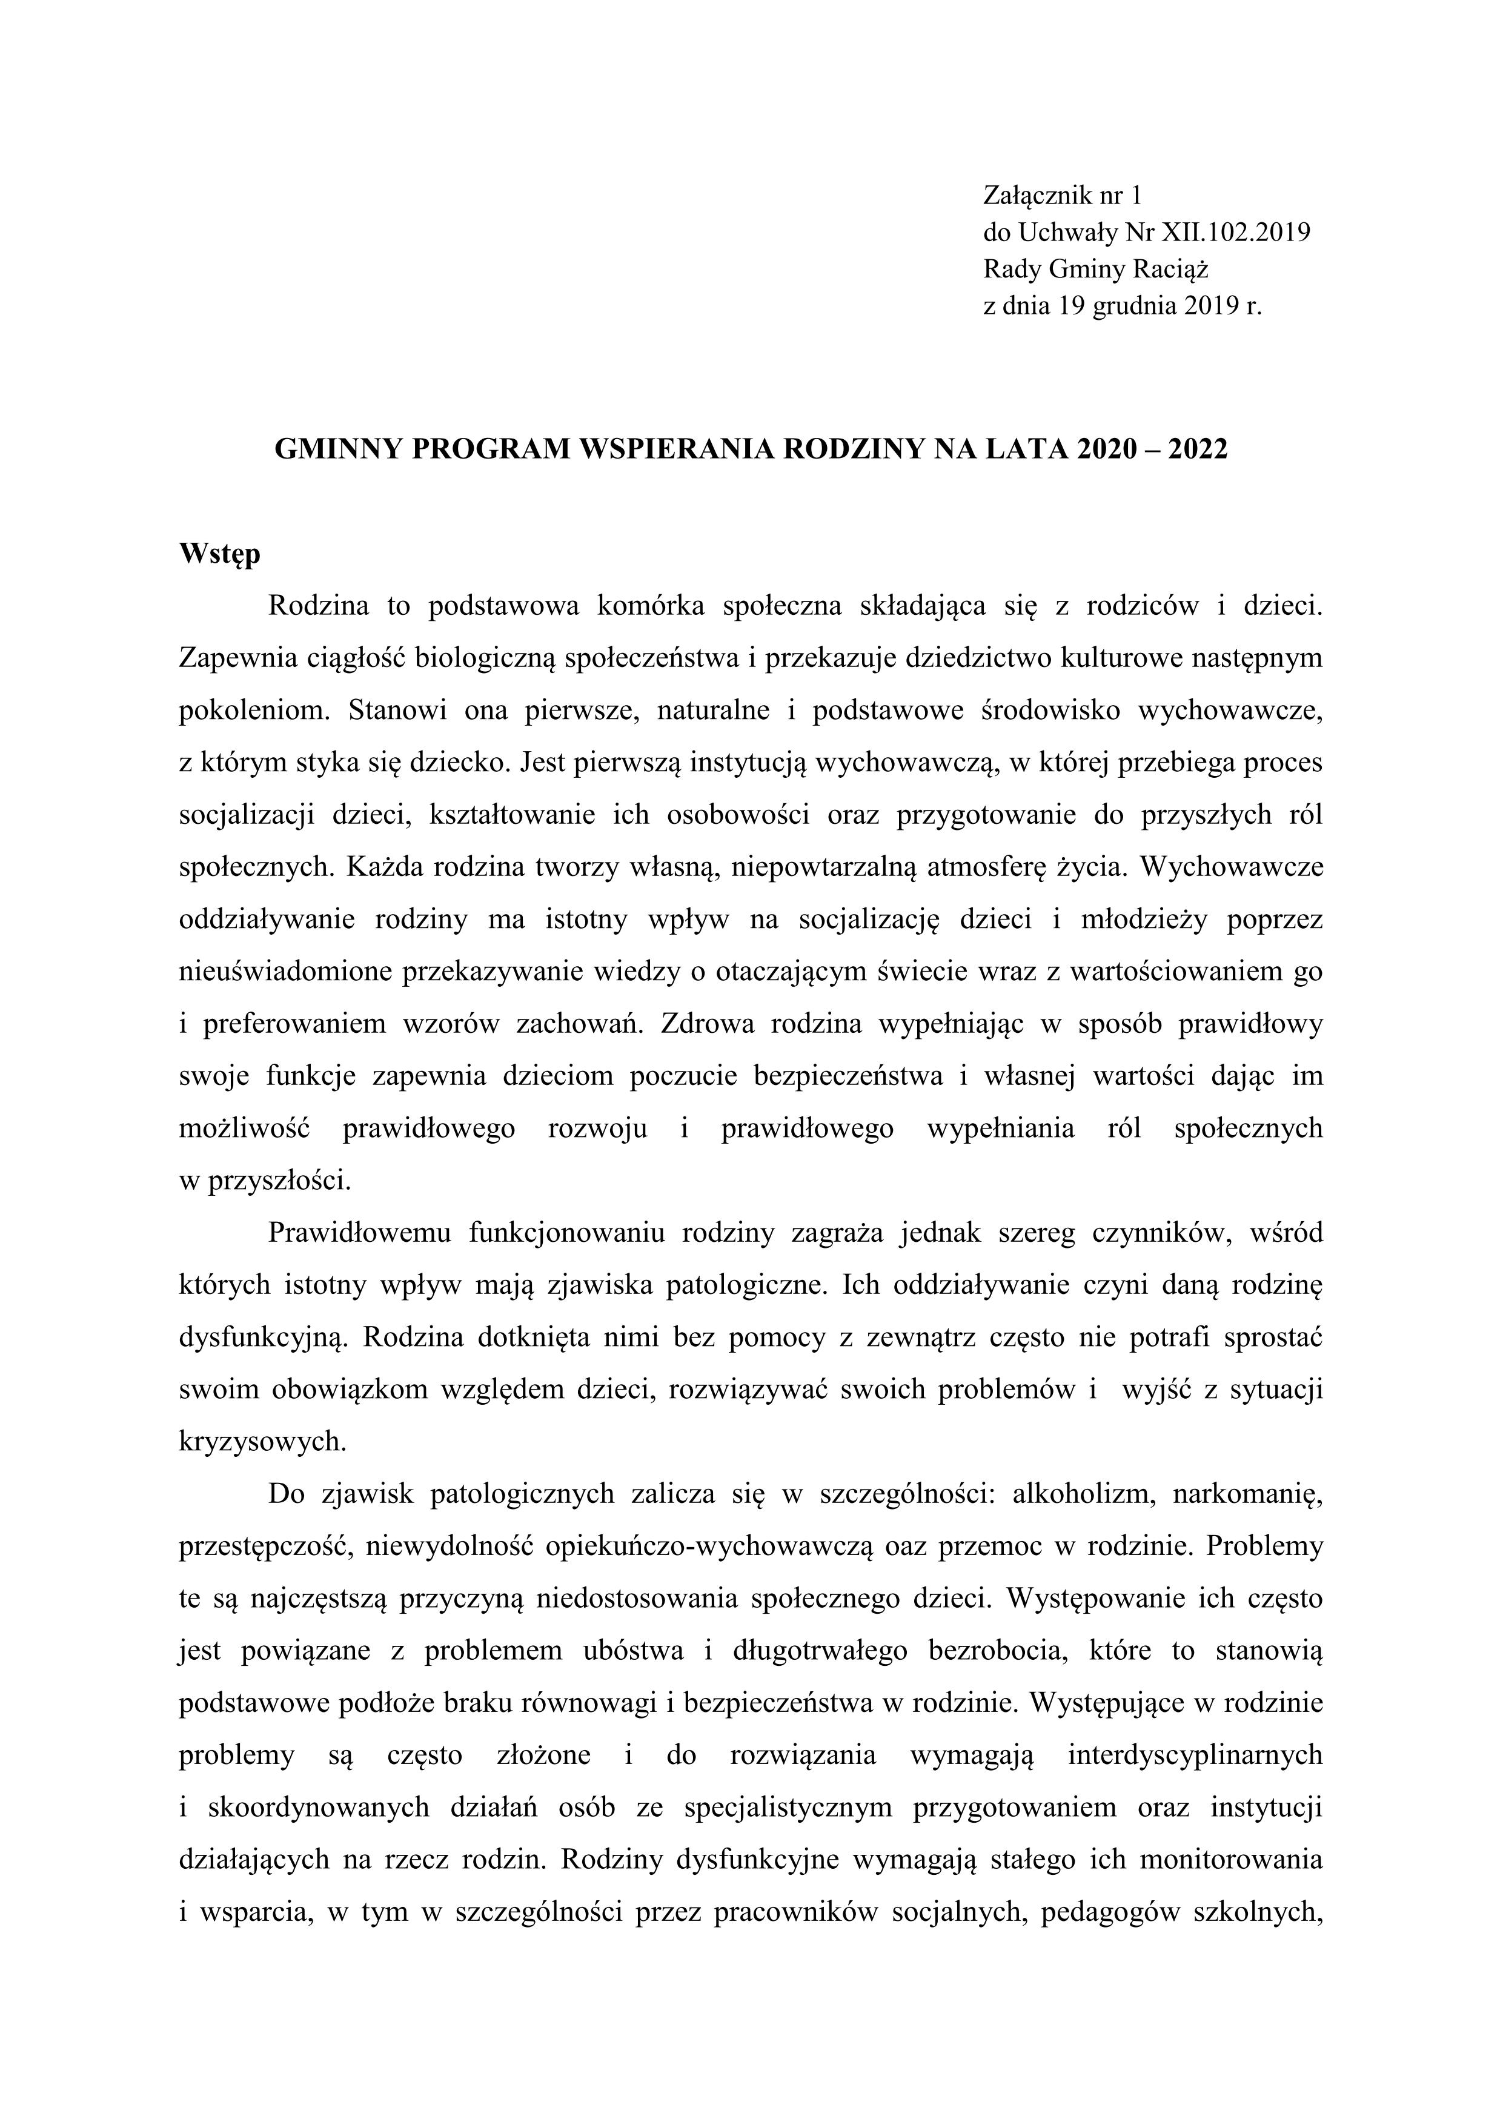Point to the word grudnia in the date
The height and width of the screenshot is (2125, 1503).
pyautogui.click(x=1133, y=307)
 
